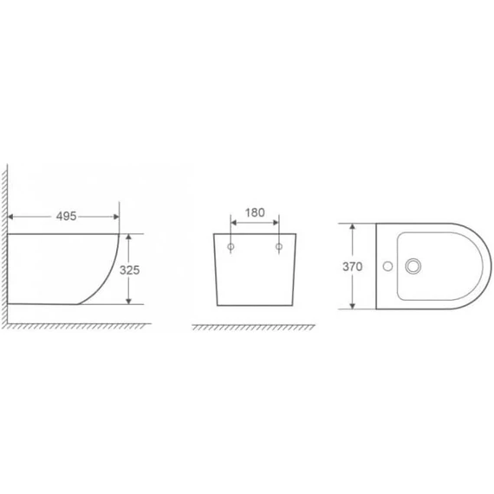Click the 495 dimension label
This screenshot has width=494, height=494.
click(66, 216)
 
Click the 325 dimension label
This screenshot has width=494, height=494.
click(129, 270)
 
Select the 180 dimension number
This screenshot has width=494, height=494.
click(255, 212)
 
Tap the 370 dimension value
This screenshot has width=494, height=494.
click(352, 267)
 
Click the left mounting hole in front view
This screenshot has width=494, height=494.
click(231, 246)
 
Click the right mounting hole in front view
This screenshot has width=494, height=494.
click(279, 246)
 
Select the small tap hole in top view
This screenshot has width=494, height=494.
click(387, 266)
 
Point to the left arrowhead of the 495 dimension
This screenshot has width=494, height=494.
click(10, 217)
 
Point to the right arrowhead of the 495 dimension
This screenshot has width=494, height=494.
click(116, 217)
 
